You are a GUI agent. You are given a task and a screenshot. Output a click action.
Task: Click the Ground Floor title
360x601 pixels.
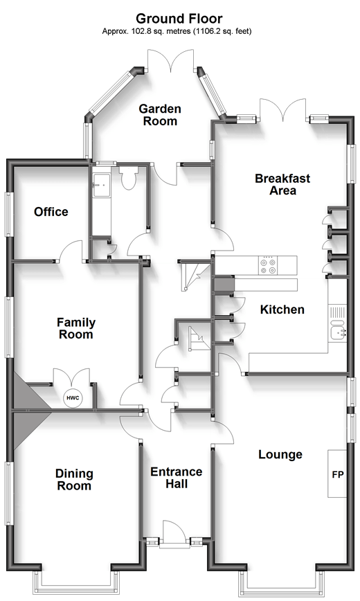click(179, 18)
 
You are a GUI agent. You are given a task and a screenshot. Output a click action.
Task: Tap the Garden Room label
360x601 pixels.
click(160, 115)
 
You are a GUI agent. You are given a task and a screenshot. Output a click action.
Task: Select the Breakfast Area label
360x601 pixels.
click(282, 184)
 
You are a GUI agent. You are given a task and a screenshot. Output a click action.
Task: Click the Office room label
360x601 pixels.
click(51, 212)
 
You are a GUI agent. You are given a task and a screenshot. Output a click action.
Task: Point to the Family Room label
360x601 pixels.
click(76, 328)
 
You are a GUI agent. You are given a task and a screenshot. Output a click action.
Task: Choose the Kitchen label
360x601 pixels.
click(282, 310)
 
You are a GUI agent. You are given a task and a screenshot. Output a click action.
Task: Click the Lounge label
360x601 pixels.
click(280, 455)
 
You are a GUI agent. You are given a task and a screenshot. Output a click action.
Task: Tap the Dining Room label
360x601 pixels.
click(74, 480)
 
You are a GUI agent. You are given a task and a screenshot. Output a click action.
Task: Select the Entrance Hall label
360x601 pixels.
click(177, 478)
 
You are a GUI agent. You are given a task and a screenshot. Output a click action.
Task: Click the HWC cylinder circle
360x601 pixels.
click(73, 398)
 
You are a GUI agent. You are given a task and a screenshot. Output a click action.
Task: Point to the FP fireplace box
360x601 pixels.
click(337, 474)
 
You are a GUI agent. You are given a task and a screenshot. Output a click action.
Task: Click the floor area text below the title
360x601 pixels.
click(177, 31)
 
